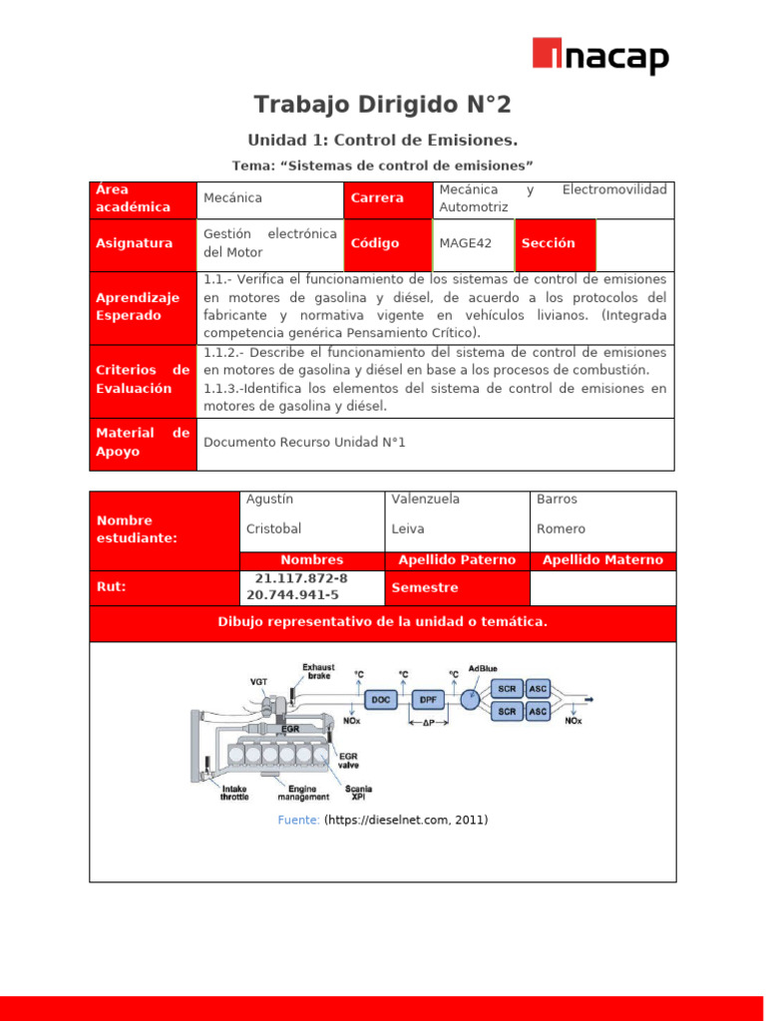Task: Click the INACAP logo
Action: (599, 57)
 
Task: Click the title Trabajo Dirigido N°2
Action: (382, 105)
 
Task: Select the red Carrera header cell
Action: (387, 198)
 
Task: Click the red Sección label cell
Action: (555, 243)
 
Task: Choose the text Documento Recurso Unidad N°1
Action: (304, 442)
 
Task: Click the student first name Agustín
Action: (269, 500)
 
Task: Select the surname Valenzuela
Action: (426, 500)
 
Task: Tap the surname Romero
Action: (561, 529)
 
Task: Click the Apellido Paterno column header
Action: (457, 560)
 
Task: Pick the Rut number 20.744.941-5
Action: (292, 595)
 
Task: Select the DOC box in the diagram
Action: (381, 700)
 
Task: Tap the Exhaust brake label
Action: (318, 672)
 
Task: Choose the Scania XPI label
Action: (358, 793)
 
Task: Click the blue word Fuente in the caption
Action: (298, 821)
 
